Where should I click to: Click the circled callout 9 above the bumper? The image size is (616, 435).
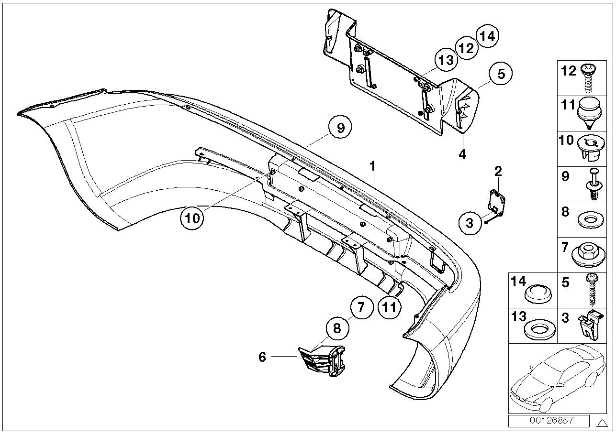pos(340,128)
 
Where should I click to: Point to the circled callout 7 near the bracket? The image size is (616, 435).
pos(362,307)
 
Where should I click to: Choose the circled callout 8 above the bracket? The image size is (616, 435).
pos(337,328)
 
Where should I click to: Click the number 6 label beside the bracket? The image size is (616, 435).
pos(262,357)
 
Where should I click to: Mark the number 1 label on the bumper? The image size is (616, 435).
pos(373,167)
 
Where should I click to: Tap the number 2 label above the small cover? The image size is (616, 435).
pos(498,171)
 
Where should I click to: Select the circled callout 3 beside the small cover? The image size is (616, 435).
pos(470,223)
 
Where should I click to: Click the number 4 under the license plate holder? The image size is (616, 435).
pos(462,154)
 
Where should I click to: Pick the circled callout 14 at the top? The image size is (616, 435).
pos(487,36)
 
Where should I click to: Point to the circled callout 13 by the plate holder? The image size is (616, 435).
pos(446,60)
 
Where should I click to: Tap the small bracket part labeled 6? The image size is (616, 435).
pos(322,362)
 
